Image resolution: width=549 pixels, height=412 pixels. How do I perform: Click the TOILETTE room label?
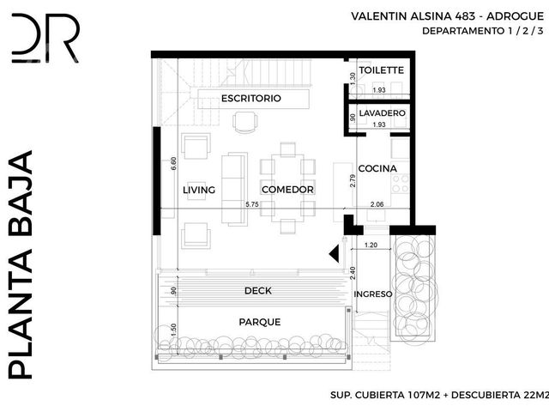pos(381,70)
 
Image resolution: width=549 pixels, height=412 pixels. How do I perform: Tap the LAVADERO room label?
pos(382,113)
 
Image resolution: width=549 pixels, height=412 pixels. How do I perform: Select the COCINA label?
pos(377,168)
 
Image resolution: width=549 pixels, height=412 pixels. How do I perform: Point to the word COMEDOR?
pos(287,190)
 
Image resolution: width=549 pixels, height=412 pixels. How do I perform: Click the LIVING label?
pos(199,190)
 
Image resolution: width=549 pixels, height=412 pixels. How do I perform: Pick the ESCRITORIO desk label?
pos(251,99)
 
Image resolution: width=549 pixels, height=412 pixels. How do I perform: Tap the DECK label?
pos(258,290)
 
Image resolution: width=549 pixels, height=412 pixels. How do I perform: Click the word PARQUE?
pos(260,322)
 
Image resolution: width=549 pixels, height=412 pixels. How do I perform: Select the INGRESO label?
pos(373,294)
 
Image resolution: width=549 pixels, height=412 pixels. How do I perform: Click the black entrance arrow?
pos(335,253)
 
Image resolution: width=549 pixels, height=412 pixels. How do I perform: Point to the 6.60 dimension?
pos(173,164)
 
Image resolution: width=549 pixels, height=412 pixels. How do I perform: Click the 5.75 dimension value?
pos(251,204)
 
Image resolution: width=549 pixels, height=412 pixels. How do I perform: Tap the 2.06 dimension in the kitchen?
pos(377,204)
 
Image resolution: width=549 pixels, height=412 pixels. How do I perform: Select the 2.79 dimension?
pos(353,181)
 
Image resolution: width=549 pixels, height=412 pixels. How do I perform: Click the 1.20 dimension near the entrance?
pos(371,245)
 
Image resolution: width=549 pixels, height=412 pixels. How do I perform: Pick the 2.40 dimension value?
pos(353,273)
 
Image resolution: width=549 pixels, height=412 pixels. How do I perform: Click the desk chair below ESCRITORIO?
pos(245,122)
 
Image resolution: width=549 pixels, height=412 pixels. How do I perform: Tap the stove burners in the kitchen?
pos(401,184)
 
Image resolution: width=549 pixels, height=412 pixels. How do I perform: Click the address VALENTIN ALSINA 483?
pos(413,16)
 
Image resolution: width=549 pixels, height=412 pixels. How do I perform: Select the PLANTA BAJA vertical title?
pos(21,264)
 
